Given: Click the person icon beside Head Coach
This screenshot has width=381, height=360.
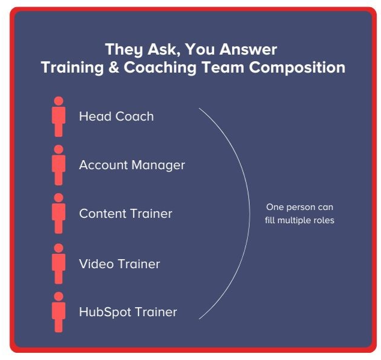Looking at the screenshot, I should click(58, 116).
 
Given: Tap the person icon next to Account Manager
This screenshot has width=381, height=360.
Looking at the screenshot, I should click(58, 165).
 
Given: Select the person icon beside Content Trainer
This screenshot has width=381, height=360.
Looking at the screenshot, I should click(58, 214).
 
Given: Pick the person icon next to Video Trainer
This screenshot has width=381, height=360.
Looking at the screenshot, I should click(58, 263).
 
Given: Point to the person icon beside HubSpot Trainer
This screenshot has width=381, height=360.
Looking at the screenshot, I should click(58, 312).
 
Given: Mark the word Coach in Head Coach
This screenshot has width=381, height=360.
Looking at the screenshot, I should click(133, 116).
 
